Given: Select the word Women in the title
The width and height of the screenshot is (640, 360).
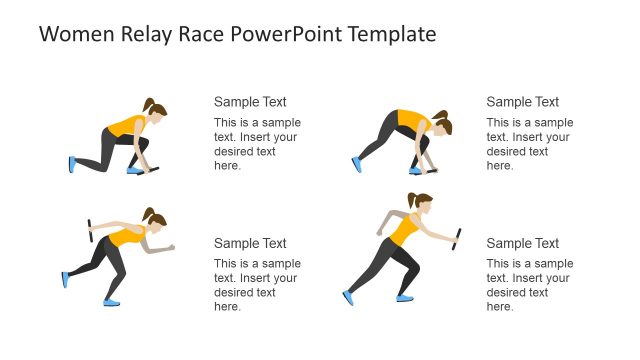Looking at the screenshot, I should (x=71, y=34).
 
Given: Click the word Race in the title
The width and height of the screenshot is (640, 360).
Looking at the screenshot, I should (x=197, y=34).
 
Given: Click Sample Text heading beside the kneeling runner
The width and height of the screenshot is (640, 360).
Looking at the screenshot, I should (x=250, y=101).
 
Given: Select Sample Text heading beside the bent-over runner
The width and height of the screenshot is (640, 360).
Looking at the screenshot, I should (x=522, y=101).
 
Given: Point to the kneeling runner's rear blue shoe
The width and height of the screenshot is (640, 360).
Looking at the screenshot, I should (x=72, y=164).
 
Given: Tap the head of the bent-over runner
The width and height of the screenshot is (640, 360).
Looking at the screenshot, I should (x=441, y=127).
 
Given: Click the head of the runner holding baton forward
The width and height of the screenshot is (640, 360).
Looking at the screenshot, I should (x=423, y=207).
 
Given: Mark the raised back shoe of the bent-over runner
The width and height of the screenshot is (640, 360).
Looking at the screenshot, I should (x=357, y=164).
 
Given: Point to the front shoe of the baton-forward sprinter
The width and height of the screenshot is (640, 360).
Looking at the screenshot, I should (x=404, y=297).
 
